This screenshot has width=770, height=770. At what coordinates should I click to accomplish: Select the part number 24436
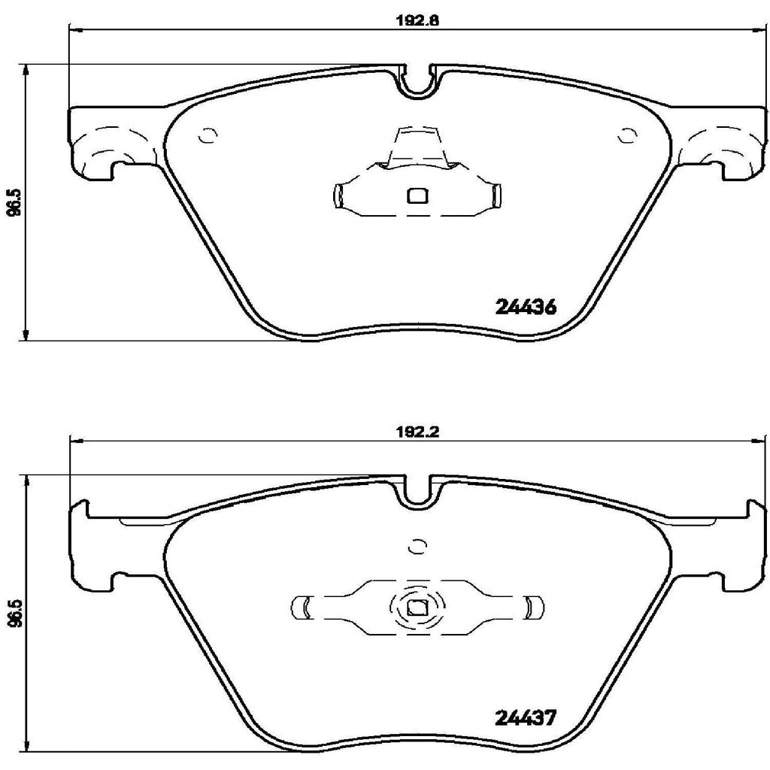[526, 307]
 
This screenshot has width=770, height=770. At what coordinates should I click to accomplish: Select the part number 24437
[526, 718]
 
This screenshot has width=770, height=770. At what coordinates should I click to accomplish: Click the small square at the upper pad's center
[416, 196]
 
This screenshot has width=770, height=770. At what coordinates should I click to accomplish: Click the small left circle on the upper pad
[207, 135]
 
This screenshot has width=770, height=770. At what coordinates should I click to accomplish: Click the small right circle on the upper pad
[626, 135]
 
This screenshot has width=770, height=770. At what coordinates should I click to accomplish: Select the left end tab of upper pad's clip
[338, 196]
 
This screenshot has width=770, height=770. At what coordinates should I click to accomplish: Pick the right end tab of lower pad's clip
[531, 607]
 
